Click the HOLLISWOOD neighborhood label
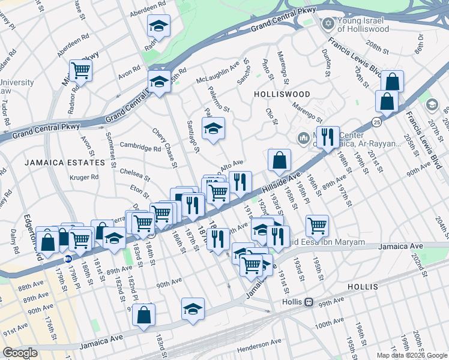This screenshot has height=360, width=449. click(x=282, y=94)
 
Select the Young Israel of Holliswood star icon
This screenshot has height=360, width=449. click(x=327, y=24)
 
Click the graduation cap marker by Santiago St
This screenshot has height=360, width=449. click(x=212, y=129)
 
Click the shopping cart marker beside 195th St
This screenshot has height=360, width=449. click(x=317, y=226)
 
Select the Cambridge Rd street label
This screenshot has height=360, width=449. click(x=140, y=148)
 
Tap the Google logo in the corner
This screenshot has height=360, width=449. click(x=20, y=353)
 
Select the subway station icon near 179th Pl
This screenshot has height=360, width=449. click(x=68, y=260)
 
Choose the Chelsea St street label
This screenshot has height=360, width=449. click(x=134, y=174)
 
